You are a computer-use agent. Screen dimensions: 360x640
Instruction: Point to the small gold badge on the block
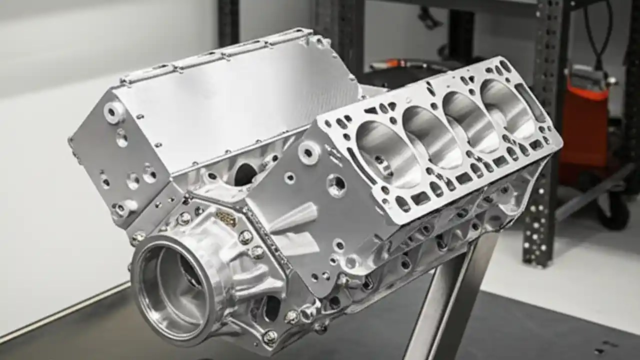(x=226, y=218)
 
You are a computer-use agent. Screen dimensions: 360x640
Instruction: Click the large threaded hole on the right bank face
(x=336, y=184)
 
